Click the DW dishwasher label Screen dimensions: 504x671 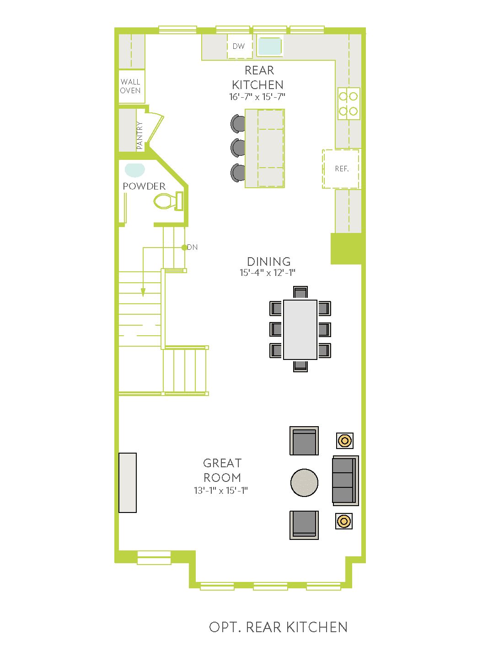click(238, 46)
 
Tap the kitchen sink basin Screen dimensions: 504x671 click(269, 46)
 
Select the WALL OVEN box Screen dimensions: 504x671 click(132, 86)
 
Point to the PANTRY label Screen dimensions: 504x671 click(139, 136)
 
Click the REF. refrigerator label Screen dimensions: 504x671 click(342, 169)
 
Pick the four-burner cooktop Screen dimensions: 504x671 click(349, 104)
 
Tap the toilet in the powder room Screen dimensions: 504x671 click(168, 201)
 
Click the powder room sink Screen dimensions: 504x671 click(134, 170)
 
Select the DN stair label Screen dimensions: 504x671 click(192, 247)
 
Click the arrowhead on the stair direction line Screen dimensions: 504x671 click(143, 292)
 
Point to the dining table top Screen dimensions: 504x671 click(300, 329)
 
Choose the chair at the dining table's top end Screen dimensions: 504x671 click(300, 292)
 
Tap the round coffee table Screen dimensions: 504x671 click(304, 483)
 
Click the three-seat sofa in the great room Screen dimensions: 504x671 click(345, 480)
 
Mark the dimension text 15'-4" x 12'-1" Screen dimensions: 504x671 click(267, 272)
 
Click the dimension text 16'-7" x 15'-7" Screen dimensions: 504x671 click(257, 96)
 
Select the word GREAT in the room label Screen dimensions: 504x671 click(222, 463)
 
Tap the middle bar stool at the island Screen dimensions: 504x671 click(238, 148)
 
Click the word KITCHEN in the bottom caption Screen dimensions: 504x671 click(317, 627)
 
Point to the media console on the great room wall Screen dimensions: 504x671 click(128, 483)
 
